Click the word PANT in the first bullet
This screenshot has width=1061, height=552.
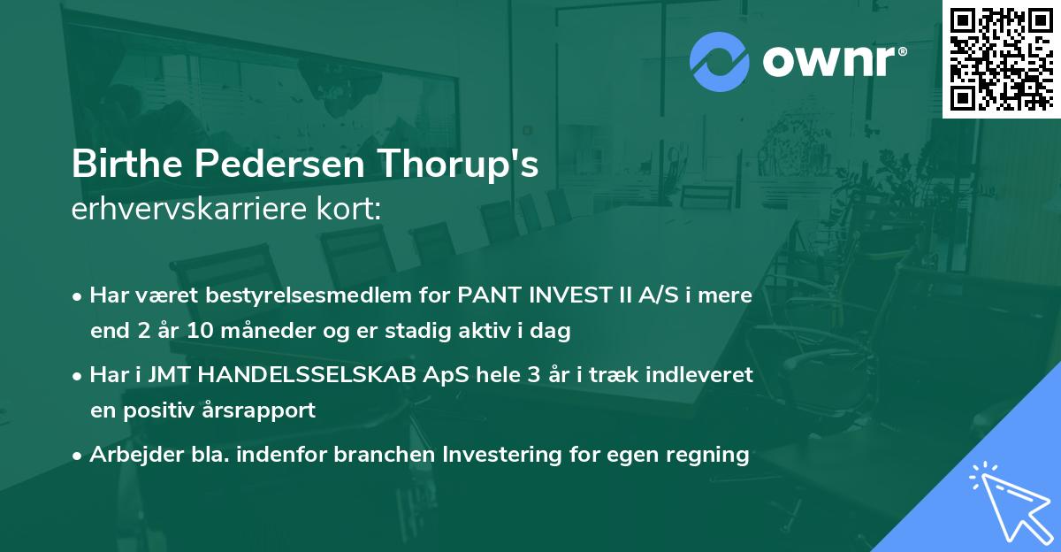point(485,295)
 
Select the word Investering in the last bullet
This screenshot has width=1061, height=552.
point(499,455)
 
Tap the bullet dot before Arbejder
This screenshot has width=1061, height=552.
point(78,456)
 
